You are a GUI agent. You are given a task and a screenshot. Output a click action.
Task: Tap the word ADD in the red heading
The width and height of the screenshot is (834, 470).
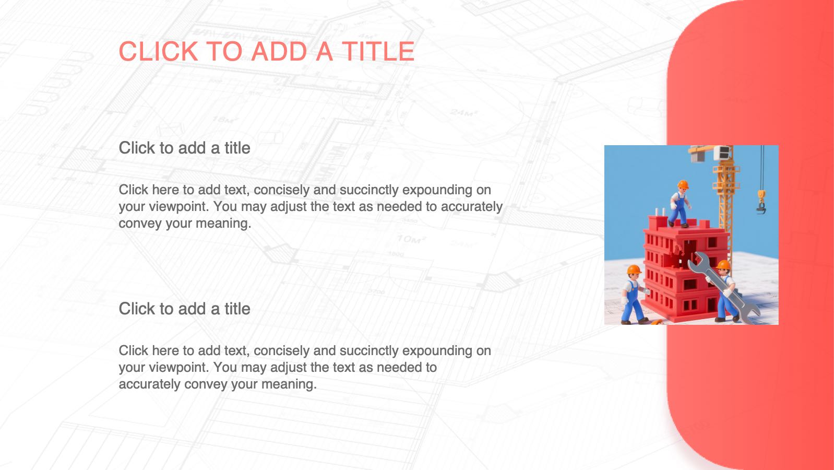coord(279,51)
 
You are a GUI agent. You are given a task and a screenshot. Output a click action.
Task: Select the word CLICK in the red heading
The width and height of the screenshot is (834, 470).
coord(158,51)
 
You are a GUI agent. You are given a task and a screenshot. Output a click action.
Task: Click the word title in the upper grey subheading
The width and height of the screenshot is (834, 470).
coord(237,148)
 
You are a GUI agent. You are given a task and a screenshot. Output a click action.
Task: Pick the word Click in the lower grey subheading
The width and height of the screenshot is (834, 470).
coord(137,309)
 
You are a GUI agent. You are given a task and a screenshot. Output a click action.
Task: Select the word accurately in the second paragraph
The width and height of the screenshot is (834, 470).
coord(150,384)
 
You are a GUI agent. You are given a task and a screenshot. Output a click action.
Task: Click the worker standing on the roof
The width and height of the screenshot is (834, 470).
coord(680,204)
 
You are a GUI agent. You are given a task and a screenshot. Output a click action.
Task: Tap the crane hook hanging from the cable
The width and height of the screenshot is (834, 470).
coord(761,202)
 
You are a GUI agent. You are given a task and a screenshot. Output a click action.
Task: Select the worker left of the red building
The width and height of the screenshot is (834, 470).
coord(634,294)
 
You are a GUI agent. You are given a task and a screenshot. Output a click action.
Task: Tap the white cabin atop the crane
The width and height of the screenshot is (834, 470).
coord(723,152)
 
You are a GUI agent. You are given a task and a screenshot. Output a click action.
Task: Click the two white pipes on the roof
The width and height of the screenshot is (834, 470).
coord(661,212)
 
